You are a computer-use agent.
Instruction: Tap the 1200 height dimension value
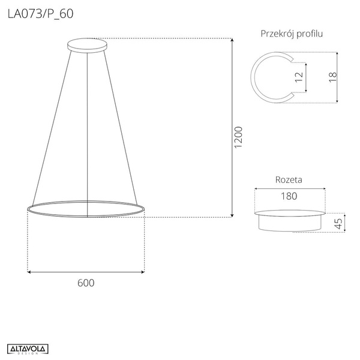(x=238, y=138)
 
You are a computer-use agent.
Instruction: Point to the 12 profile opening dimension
(x=298, y=77)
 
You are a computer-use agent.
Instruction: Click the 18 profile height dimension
(x=333, y=76)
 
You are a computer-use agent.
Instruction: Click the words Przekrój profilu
(x=292, y=34)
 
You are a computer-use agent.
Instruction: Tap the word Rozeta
(x=288, y=179)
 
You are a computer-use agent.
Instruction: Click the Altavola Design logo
(x=28, y=349)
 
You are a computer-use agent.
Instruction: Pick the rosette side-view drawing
(x=289, y=220)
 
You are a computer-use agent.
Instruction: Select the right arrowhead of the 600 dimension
(x=142, y=272)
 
